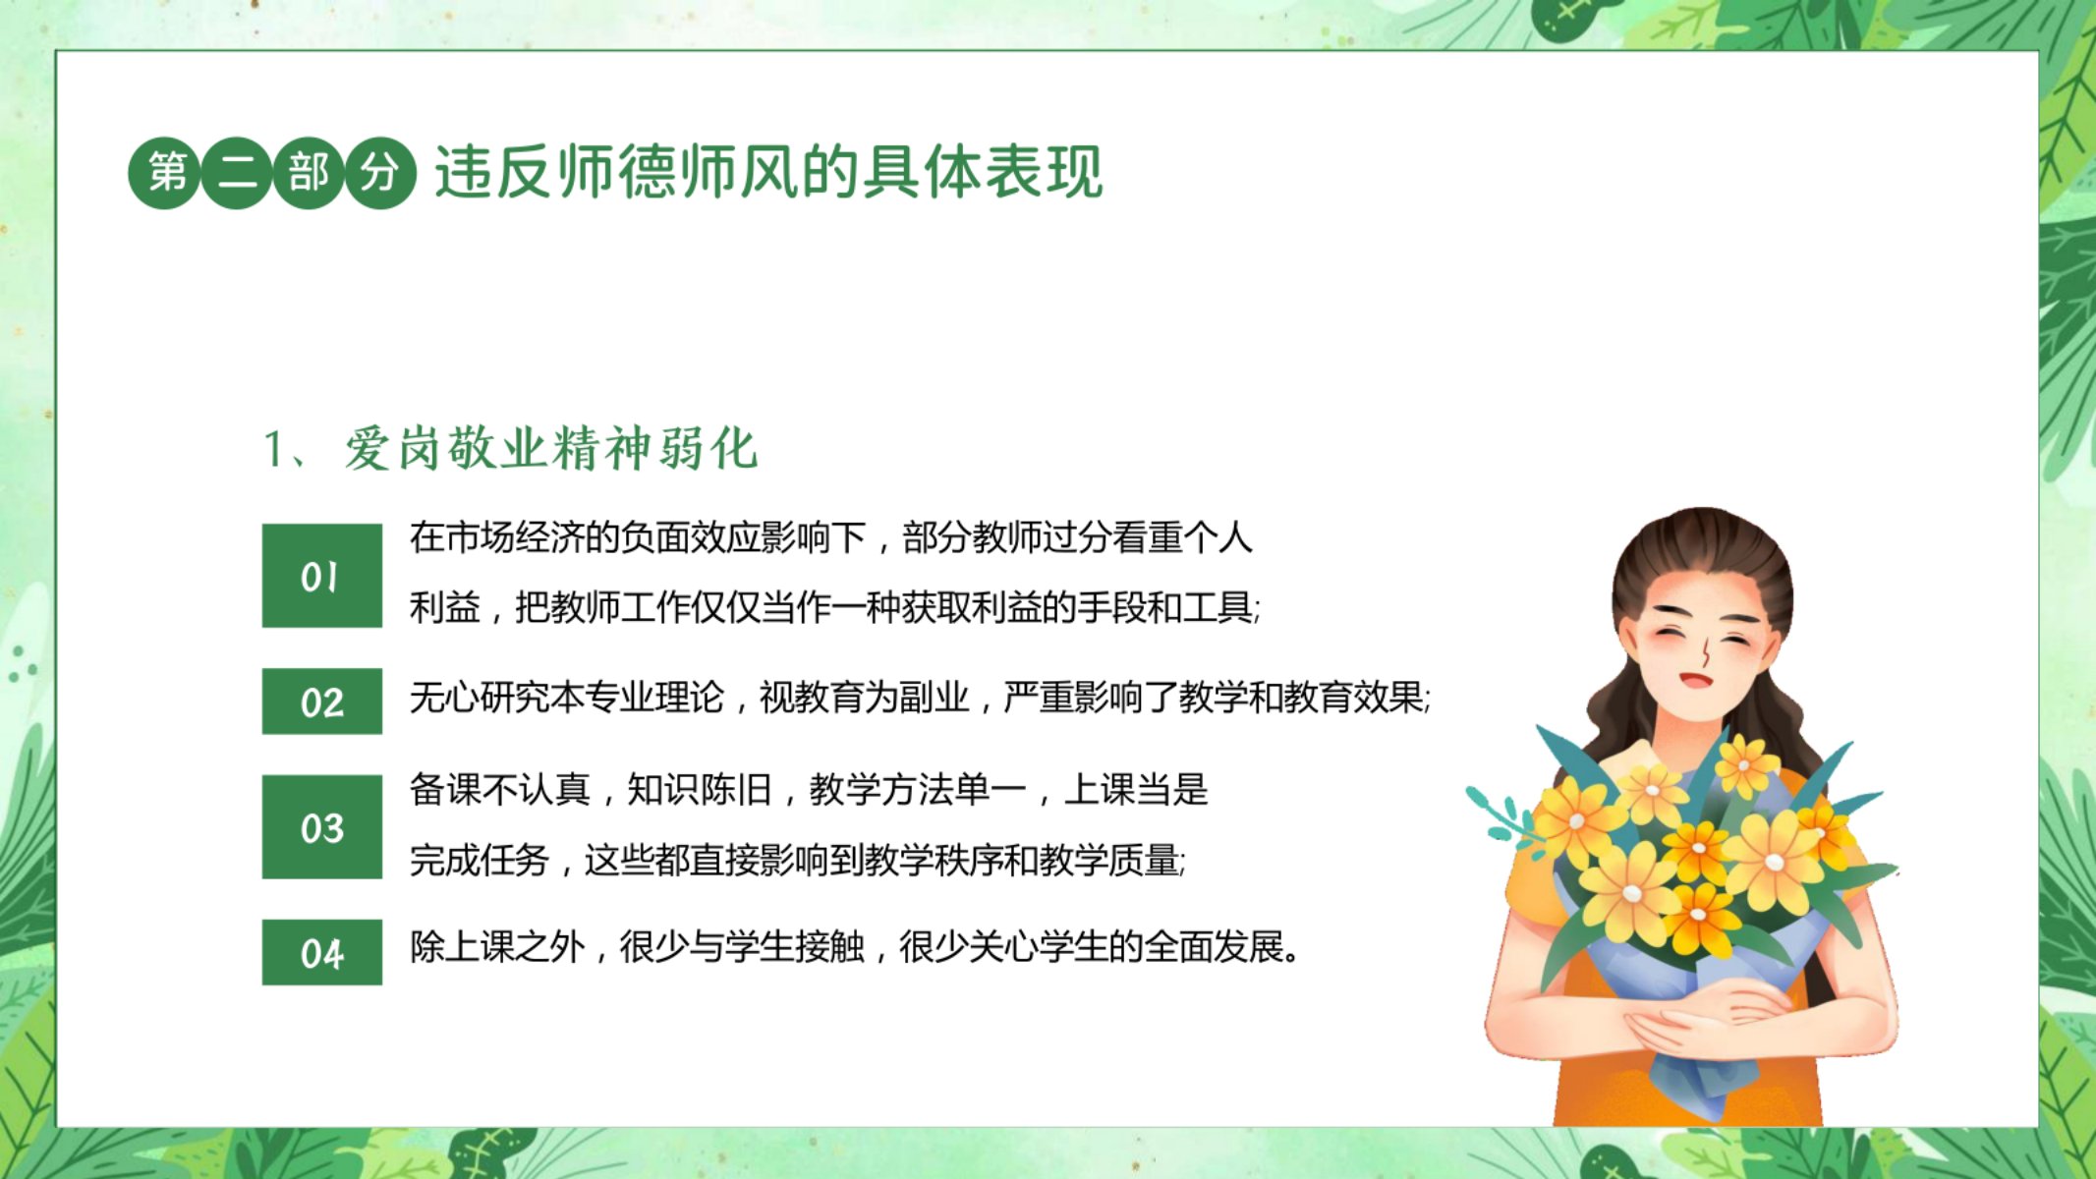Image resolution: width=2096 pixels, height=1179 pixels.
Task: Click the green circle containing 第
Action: coord(164,173)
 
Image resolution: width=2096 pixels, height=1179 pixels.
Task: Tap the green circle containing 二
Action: coord(236,173)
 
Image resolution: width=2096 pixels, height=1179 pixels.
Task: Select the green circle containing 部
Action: coord(308,173)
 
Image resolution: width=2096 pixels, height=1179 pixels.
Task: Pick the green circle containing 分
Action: coord(380,173)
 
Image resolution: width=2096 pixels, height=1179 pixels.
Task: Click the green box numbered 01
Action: coord(321,576)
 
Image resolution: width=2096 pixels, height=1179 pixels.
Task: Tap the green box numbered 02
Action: coord(321,702)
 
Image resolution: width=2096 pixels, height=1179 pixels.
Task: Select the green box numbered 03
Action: coord(321,827)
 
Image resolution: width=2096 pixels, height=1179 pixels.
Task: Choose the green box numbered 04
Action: coord(321,952)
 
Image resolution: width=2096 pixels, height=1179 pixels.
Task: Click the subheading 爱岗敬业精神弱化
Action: coord(550,449)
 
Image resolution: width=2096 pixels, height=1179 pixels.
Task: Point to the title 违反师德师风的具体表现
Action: coord(769,172)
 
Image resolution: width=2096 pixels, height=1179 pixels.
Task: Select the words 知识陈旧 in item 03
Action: coord(699,789)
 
